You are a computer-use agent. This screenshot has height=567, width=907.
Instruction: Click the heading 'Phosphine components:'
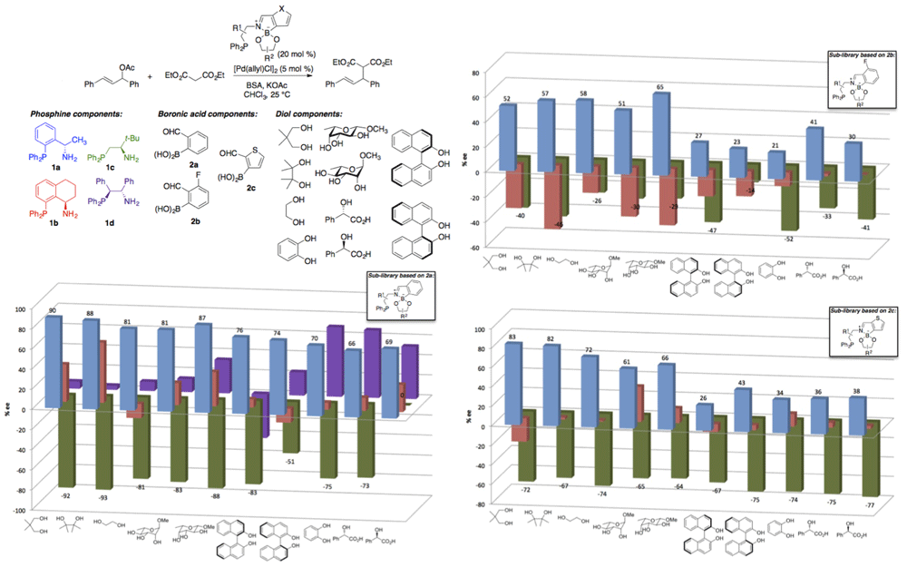[x=57, y=112]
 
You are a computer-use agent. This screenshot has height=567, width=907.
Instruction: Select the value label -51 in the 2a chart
[x=292, y=462]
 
